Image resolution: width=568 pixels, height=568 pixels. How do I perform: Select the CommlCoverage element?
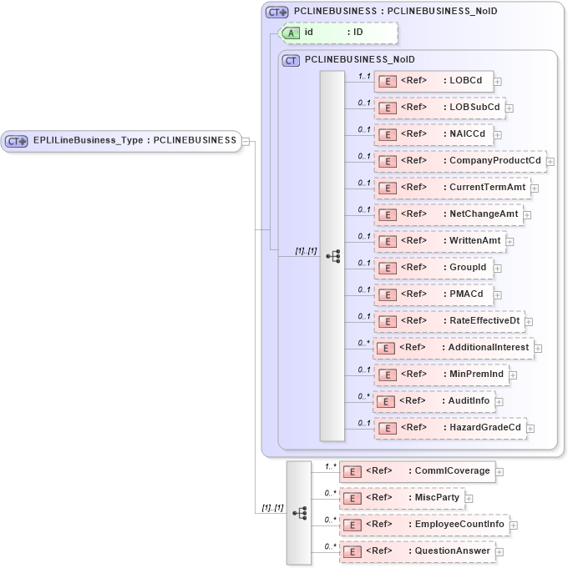[417, 471]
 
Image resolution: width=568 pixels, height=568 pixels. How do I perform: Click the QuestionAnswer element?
[417, 551]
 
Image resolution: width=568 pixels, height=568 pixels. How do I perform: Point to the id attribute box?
[339, 33]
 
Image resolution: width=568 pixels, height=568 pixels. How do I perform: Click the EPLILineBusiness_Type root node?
[122, 141]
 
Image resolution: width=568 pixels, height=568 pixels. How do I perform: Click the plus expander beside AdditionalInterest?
[539, 348]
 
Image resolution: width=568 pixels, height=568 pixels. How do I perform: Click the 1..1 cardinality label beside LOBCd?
[364, 76]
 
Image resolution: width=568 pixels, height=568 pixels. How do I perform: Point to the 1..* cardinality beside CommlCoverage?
[331, 466]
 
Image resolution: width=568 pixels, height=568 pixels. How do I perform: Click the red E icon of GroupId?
[387, 269]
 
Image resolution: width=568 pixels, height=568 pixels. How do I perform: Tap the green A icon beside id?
[291, 33]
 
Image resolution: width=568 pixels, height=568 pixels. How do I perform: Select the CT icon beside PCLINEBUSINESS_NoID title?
[291, 60]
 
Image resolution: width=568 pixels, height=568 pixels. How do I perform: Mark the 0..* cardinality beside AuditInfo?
[364, 396]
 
